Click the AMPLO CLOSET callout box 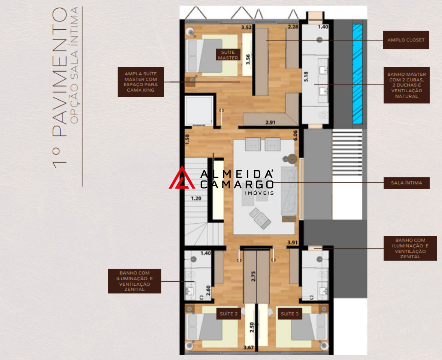[x=406, y=40]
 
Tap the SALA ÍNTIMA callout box [x=406, y=183]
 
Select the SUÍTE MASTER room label [x=228, y=55]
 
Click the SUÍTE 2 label [x=228, y=314]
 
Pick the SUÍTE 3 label [x=290, y=314]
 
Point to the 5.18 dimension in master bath [x=306, y=76]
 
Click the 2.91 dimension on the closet [x=270, y=123]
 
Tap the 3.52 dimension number [x=246, y=27]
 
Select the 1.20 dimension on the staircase [x=196, y=198]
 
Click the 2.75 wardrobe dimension [x=254, y=276]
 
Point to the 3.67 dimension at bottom [x=248, y=348]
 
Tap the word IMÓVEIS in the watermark [x=260, y=193]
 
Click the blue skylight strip [x=357, y=74]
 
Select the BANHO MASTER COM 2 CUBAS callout [x=406, y=85]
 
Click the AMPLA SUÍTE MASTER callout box [x=141, y=82]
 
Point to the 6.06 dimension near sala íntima [x=295, y=135]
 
